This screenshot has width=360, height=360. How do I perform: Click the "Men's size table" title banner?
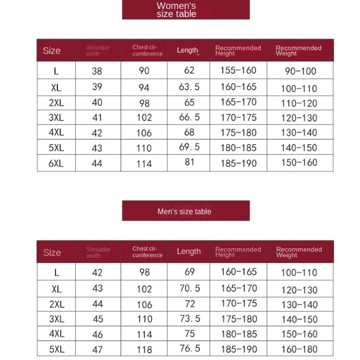186,211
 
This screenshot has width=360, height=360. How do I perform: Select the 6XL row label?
56,163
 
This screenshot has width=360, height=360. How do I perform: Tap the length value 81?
189,161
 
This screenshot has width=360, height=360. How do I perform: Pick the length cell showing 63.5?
189,87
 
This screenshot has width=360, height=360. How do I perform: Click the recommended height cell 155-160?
238,70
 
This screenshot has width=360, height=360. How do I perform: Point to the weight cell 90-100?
300,71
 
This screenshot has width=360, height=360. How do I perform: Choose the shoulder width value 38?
97,71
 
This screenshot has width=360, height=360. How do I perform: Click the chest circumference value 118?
144,349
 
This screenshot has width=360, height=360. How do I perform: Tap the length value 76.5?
190,348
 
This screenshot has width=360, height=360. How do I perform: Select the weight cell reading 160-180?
299,349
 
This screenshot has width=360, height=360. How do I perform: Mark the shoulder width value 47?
98,349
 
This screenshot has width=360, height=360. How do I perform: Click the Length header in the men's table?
189,251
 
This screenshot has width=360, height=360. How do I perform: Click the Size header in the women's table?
51,50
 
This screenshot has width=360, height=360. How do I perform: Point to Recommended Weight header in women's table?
299,50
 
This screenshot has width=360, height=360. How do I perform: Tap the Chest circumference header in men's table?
147,252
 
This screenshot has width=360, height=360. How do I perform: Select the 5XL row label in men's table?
56,349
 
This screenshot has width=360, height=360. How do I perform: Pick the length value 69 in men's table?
189,272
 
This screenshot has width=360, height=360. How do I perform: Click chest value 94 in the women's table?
144,87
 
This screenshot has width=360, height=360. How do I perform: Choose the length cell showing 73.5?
190,318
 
